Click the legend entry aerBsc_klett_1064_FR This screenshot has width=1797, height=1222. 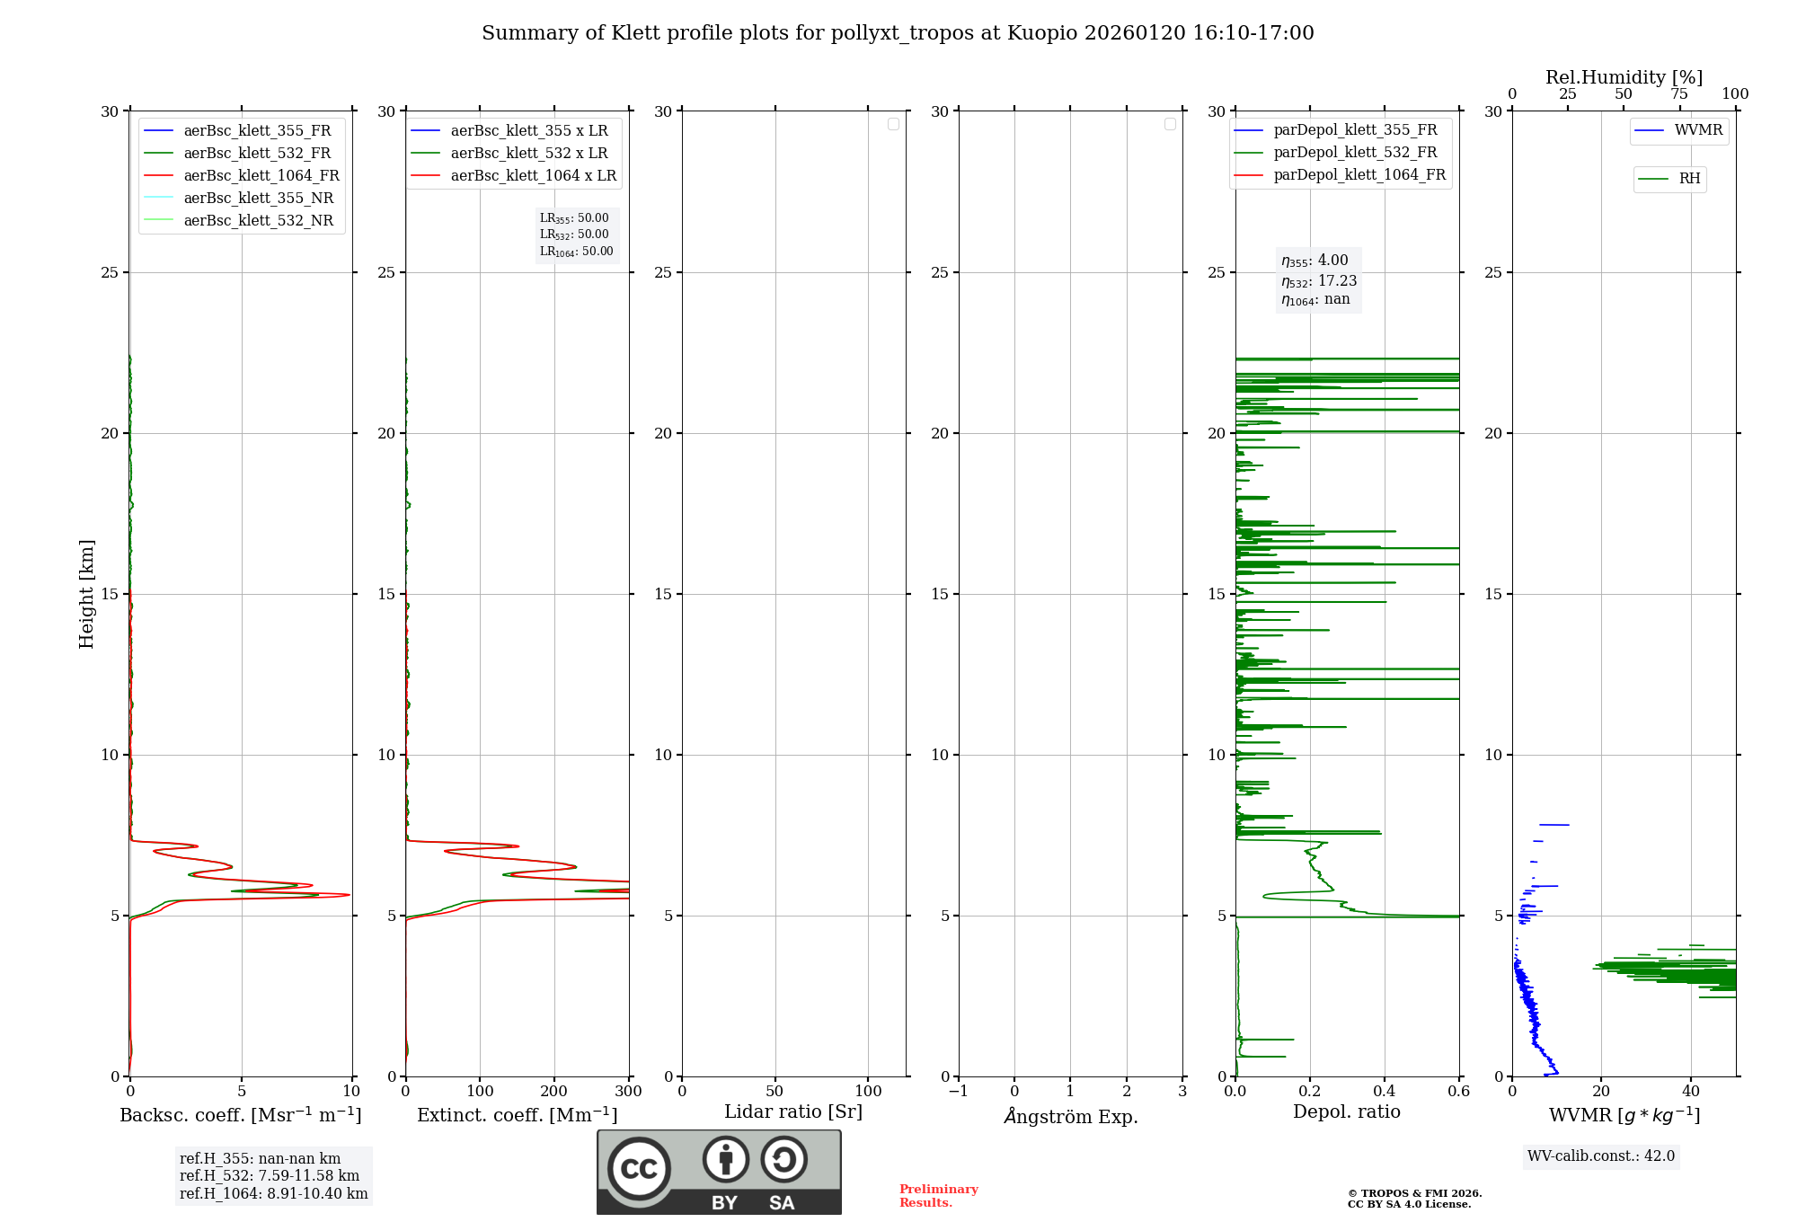point(261,176)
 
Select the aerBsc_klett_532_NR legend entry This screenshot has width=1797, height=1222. point(258,221)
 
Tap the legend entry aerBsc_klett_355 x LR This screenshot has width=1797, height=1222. point(528,131)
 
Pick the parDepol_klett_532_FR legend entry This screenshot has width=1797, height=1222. point(1355,153)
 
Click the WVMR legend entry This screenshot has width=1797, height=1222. point(1698,130)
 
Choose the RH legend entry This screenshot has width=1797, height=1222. point(1689,179)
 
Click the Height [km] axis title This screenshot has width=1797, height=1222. point(86,594)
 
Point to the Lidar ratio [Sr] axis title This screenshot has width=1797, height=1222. point(792,1112)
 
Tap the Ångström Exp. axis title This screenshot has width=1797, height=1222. point(1070,1117)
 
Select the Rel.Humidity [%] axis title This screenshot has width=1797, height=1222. point(1624,77)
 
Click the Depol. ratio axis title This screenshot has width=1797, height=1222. point(1346,1112)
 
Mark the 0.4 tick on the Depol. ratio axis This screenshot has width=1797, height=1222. point(1385,1092)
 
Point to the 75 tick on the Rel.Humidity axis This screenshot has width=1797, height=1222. point(1678,94)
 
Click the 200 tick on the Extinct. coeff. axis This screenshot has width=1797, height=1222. point(553,1092)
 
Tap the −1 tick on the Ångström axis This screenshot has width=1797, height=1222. point(958,1092)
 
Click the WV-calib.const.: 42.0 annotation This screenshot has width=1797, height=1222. point(1600,1156)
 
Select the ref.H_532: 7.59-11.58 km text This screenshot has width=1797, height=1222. point(270,1176)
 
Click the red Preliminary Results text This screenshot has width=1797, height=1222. point(938,1196)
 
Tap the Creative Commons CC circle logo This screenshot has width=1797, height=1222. point(639,1169)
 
